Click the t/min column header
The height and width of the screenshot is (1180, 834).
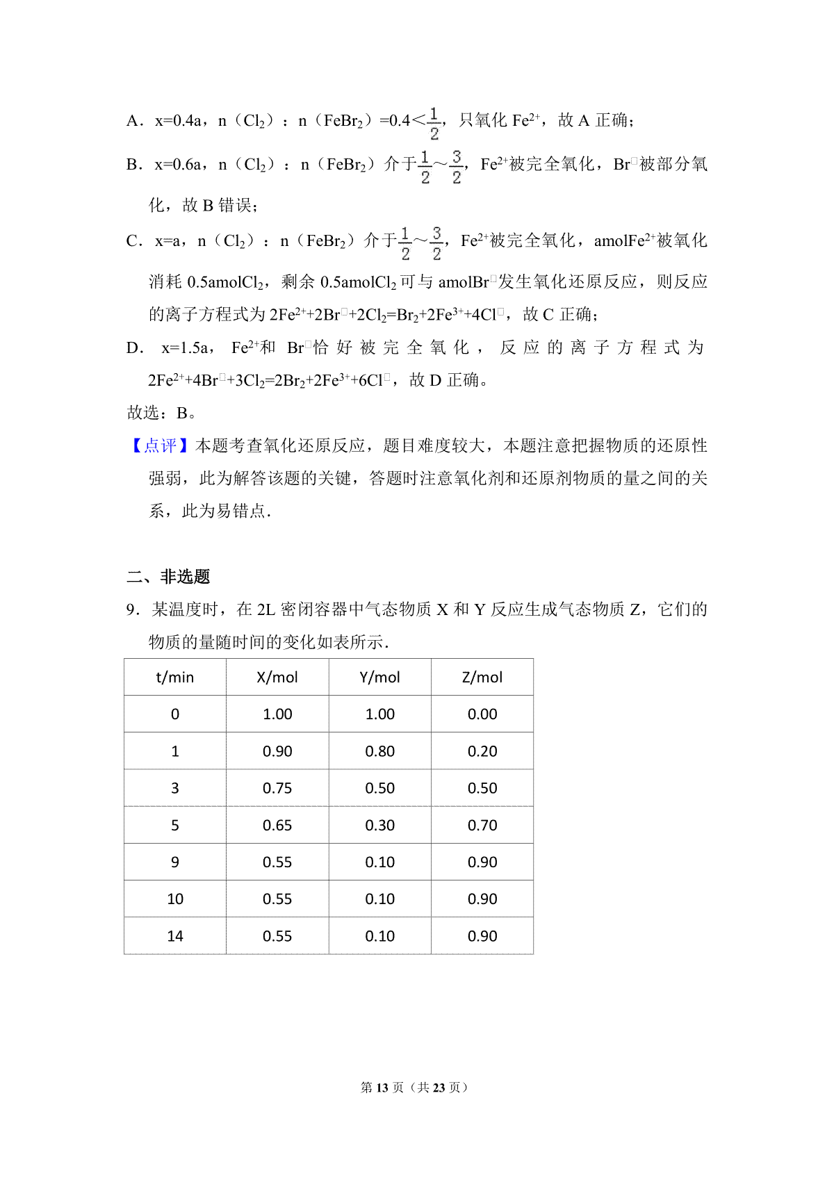coord(175,678)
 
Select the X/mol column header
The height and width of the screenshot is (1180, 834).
coord(277,678)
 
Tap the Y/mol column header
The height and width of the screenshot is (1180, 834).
coord(379,678)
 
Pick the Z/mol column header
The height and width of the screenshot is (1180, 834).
coord(482,678)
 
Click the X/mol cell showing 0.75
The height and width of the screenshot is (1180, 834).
coord(277,788)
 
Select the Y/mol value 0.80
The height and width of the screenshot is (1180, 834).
coord(379,751)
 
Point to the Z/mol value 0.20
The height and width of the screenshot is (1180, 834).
coord(482,751)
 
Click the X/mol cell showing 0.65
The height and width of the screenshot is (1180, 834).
coord(277,826)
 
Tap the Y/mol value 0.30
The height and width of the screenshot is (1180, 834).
coord(379,826)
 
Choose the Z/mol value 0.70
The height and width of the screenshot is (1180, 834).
coord(482,826)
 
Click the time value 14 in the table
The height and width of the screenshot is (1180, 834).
coord(175,936)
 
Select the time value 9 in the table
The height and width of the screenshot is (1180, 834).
coord(175,862)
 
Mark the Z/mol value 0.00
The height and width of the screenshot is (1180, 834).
coord(482,714)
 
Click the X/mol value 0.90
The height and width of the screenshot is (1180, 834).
coord(277,751)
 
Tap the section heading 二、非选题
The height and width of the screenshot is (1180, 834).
coord(168,577)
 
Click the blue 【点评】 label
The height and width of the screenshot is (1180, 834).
coord(160,446)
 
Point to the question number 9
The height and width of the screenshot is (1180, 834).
coord(132,610)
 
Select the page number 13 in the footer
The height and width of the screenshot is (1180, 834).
coord(382,1088)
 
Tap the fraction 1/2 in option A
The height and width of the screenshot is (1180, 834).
coord(434,124)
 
